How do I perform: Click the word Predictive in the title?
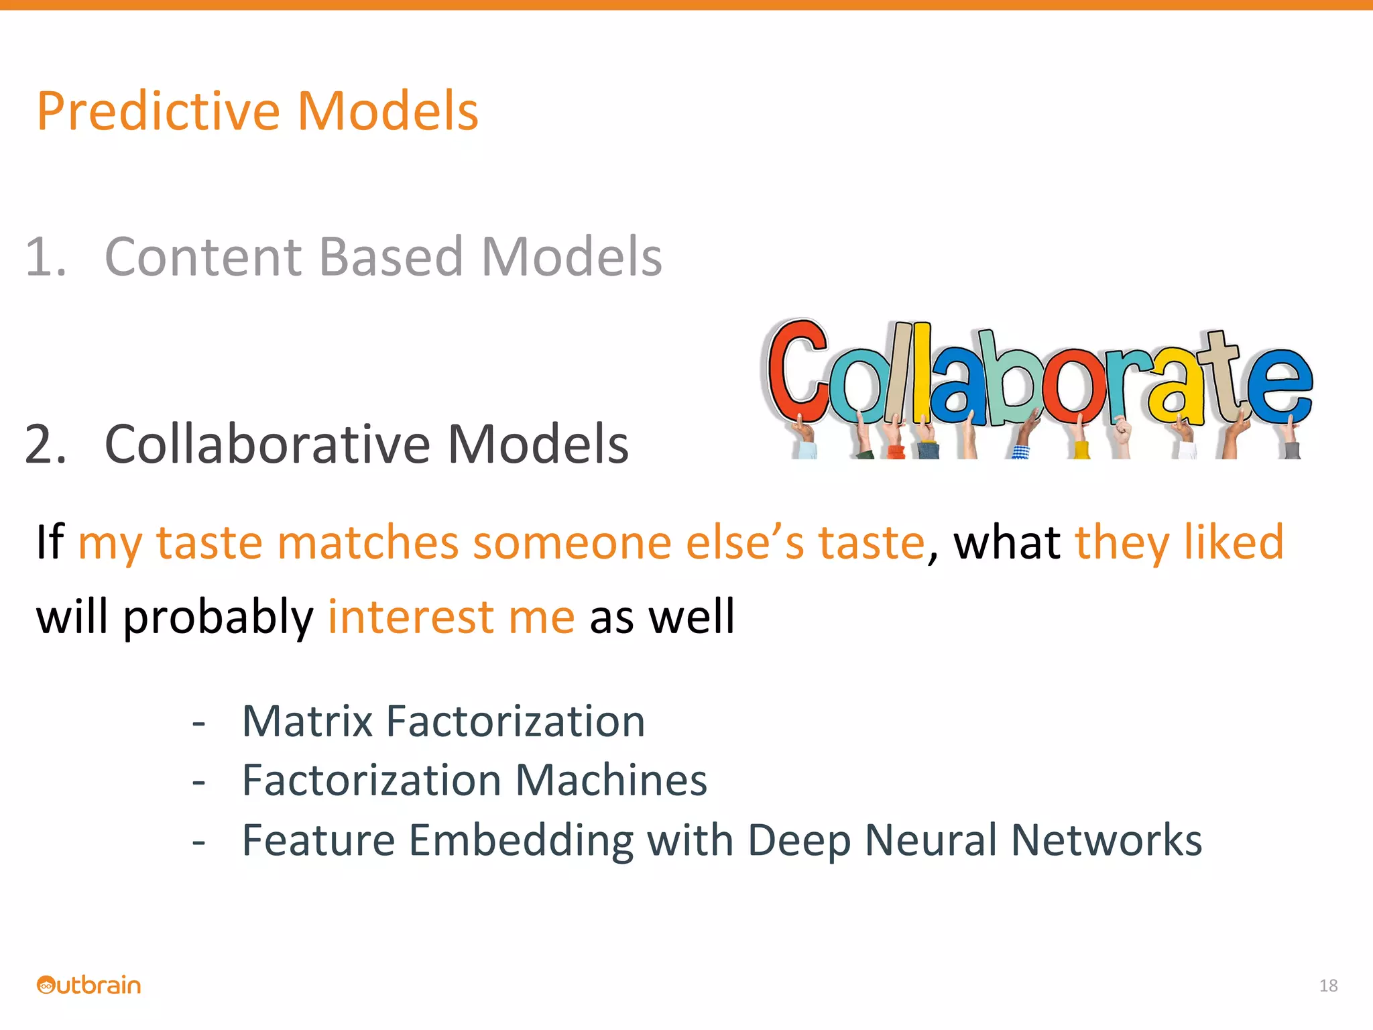(x=158, y=111)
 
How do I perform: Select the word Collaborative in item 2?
(x=267, y=444)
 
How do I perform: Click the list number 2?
(x=45, y=444)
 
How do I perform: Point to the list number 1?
(x=45, y=257)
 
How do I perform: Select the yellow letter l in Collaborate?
(x=921, y=372)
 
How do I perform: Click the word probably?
(x=218, y=617)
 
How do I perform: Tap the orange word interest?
(x=410, y=617)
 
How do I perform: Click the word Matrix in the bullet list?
(x=307, y=722)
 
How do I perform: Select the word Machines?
(x=611, y=781)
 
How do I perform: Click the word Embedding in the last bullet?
(x=520, y=840)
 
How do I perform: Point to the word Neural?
(x=931, y=840)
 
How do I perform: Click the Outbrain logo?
(x=89, y=985)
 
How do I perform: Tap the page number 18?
(x=1328, y=985)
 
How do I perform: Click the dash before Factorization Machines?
(x=198, y=782)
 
